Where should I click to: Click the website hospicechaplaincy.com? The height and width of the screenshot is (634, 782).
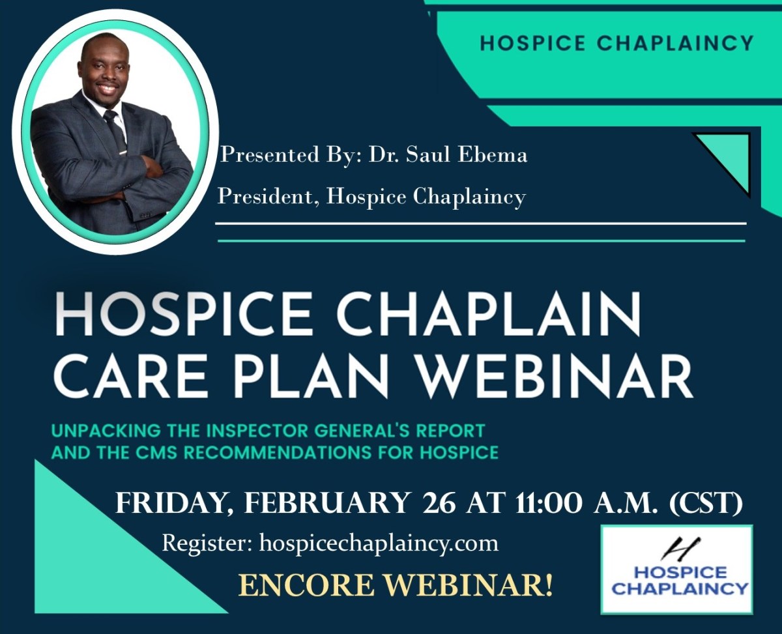tap(379, 543)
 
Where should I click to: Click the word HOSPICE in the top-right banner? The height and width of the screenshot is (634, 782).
tap(533, 43)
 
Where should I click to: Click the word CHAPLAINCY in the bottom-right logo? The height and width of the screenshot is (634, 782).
tap(680, 589)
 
